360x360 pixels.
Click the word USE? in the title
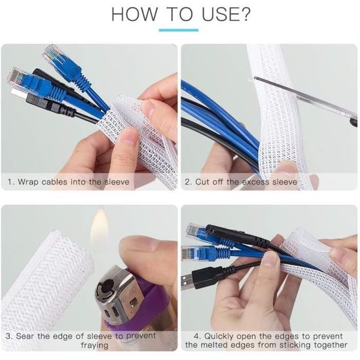tap(226, 14)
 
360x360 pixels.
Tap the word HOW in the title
tap(134, 14)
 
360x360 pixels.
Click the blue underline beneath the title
tap(179, 30)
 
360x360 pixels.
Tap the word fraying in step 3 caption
tap(95, 345)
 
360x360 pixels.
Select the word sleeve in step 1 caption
tap(117, 182)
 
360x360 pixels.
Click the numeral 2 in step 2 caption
tap(188, 182)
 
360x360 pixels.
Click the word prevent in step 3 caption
tap(141, 336)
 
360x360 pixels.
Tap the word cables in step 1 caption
tap(54, 182)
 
